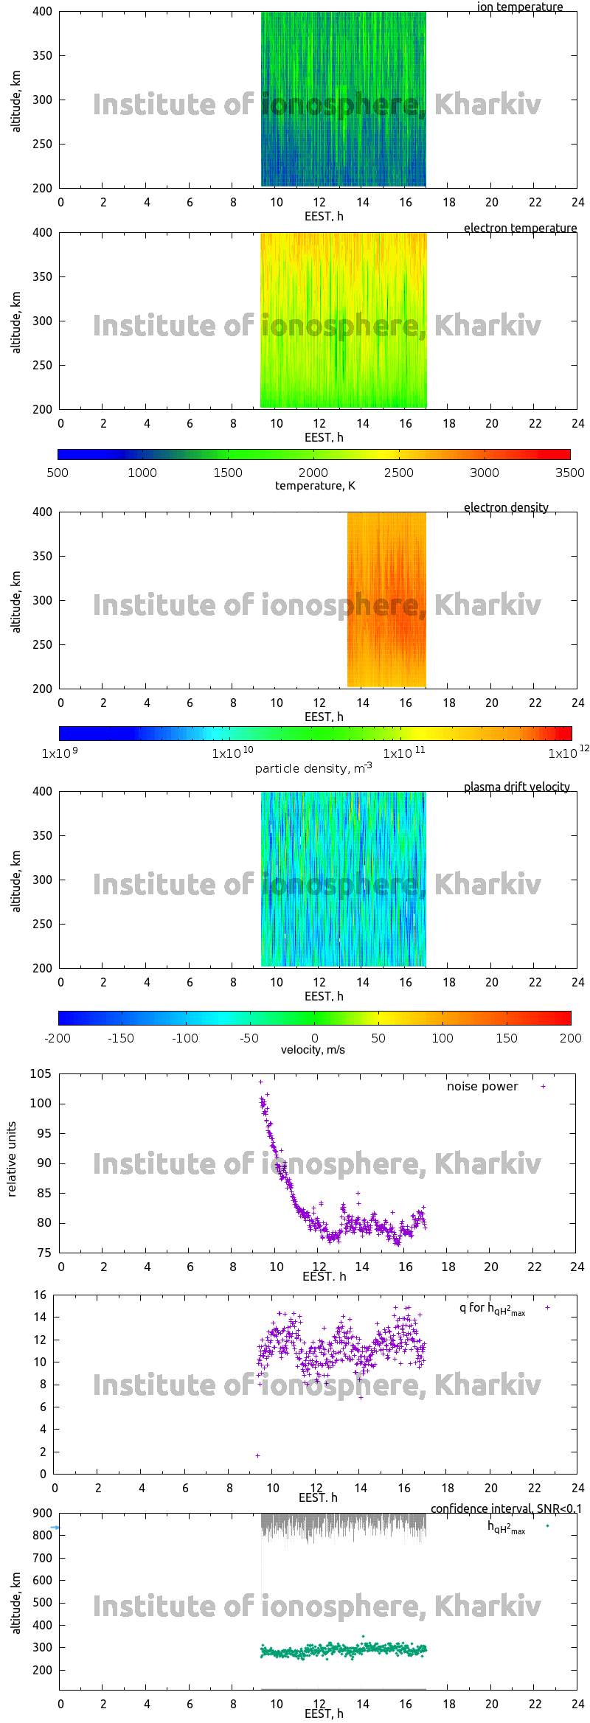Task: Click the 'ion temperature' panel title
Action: point(520,7)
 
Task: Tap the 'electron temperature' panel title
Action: point(520,228)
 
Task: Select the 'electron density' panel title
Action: point(506,507)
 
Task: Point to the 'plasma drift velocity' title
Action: point(516,787)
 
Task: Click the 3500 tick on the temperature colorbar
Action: point(569,473)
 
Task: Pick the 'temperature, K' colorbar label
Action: point(315,485)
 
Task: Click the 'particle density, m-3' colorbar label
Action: point(313,768)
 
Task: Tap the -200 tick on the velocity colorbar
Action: point(58,1038)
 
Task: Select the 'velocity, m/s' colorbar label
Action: point(313,1050)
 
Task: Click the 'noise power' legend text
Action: point(482,1086)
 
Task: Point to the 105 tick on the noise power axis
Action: point(41,1073)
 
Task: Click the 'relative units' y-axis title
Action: point(12,1159)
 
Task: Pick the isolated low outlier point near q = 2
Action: point(257,1455)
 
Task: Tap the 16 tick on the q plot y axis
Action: point(40,1295)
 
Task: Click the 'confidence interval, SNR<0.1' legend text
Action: point(506,1508)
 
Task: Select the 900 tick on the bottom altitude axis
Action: point(42,1513)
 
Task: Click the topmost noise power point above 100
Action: point(260,1082)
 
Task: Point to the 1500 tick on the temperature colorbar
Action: point(228,473)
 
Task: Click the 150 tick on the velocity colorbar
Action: point(507,1038)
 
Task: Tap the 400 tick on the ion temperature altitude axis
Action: point(42,12)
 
